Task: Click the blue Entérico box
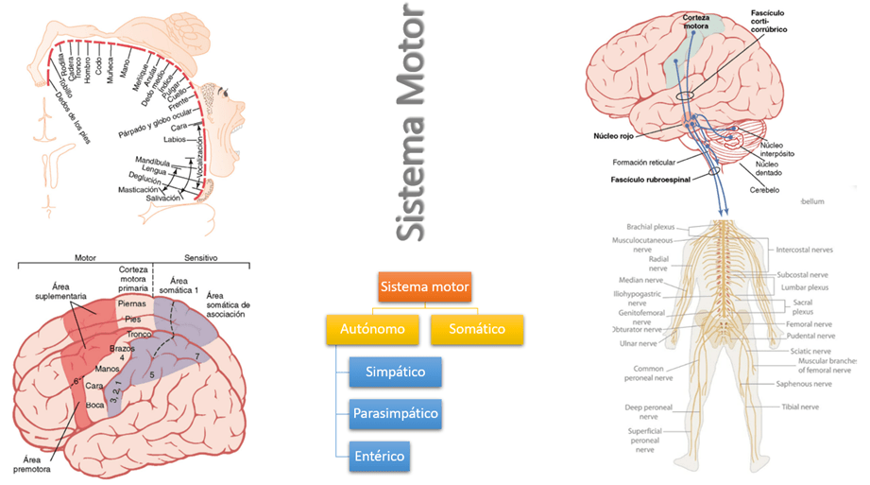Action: [x=380, y=457]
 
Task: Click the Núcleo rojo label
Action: [x=614, y=135]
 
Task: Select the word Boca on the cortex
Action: [x=95, y=405]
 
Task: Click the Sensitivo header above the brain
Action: [x=196, y=256]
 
